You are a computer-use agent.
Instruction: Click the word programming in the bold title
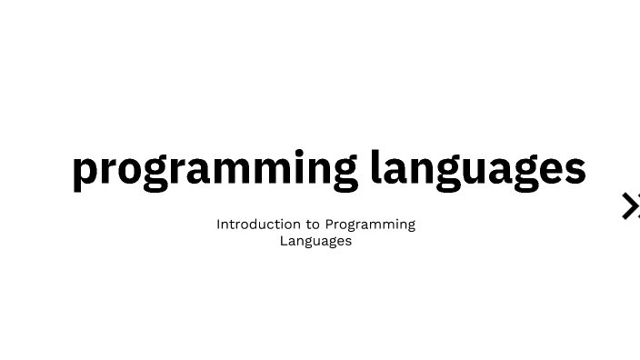215,168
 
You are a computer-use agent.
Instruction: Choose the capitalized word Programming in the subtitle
370,225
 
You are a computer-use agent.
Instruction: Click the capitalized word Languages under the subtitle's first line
315,241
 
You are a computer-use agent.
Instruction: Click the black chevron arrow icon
630,206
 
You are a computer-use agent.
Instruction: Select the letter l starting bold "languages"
375,166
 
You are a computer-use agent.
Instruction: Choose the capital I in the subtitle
218,224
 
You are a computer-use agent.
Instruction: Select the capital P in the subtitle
330,224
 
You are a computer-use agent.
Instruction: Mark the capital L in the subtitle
284,241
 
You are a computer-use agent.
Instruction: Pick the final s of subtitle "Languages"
348,241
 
